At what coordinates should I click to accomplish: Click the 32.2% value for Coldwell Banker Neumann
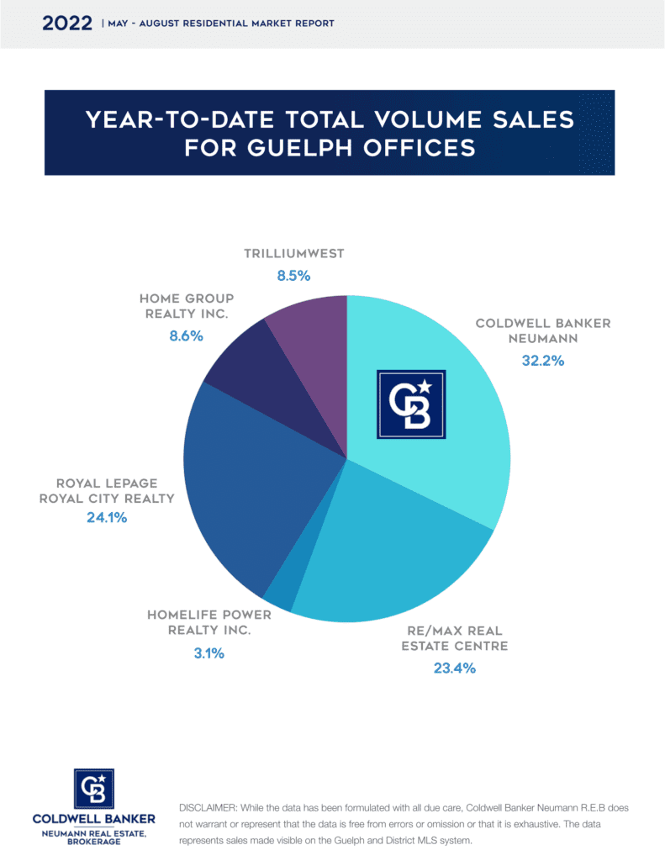[542, 361]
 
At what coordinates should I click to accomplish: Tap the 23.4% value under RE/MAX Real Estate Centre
[455, 668]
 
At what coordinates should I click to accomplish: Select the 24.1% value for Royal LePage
[106, 518]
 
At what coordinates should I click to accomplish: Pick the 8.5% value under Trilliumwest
[294, 275]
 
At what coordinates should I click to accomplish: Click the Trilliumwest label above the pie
[294, 253]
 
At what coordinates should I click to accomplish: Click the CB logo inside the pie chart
[410, 404]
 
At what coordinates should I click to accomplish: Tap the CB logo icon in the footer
[94, 789]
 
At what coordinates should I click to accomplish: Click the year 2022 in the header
[67, 23]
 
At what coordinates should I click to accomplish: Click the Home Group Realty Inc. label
[187, 305]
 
